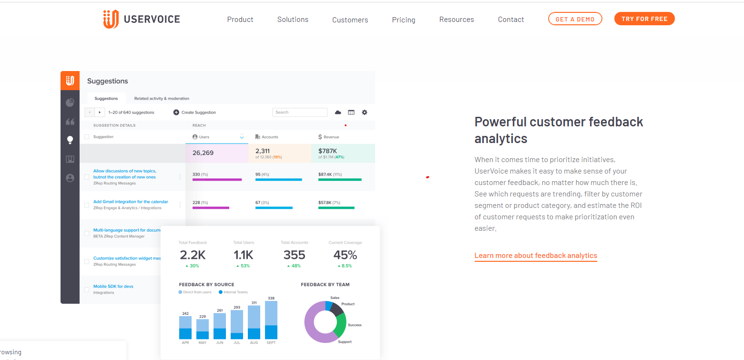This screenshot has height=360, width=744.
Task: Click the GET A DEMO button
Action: (x=575, y=19)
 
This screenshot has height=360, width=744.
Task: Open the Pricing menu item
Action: (x=403, y=20)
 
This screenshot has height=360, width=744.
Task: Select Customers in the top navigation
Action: (x=350, y=20)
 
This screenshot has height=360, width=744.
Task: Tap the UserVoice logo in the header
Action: (x=142, y=20)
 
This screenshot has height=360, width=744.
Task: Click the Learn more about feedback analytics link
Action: (x=535, y=256)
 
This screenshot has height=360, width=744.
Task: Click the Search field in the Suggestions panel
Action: (x=300, y=113)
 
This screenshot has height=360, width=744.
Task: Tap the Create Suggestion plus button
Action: (x=176, y=113)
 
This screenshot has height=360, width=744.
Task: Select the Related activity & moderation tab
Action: (x=162, y=99)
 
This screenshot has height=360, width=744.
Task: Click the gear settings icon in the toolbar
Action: (x=365, y=113)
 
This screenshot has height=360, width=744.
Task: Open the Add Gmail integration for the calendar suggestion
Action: (x=131, y=202)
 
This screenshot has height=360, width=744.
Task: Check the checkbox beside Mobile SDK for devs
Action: (x=87, y=289)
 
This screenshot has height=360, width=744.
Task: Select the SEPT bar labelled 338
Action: (x=271, y=319)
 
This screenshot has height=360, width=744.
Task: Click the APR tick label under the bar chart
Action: (x=185, y=343)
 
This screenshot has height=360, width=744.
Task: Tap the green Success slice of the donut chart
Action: (x=340, y=325)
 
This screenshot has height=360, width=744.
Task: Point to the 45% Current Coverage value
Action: (x=345, y=255)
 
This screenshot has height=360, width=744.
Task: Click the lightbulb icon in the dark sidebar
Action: (x=70, y=140)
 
